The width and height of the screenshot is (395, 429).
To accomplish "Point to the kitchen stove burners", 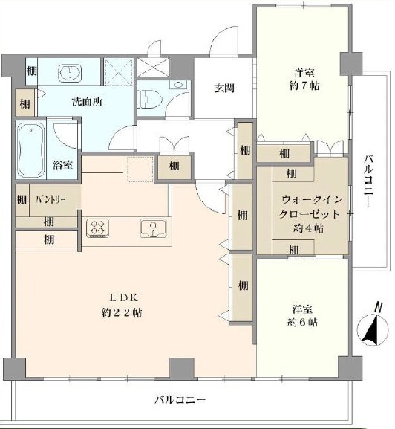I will (x=99, y=228).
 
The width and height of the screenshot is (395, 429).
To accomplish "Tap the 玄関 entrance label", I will (x=225, y=88).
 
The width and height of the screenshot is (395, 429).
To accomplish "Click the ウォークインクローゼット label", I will (x=310, y=207).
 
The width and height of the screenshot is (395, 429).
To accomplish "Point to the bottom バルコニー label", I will (x=179, y=400).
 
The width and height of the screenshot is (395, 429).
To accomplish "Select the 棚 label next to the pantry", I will (x=21, y=200).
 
